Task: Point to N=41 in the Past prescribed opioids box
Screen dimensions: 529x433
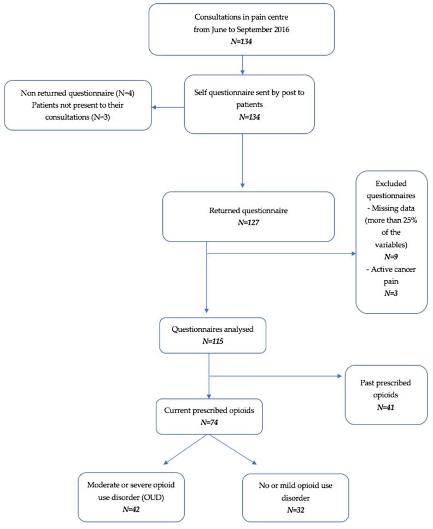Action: pyautogui.click(x=378, y=407)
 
